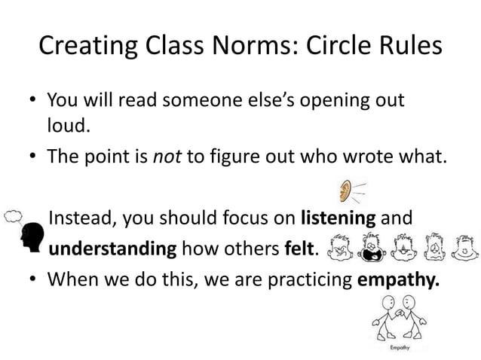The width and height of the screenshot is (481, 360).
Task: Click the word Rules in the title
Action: (412, 47)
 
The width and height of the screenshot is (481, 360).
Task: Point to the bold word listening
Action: (338, 219)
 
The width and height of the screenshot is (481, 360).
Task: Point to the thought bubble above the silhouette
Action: (14, 215)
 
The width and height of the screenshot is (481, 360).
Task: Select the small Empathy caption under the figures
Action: (399, 349)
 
